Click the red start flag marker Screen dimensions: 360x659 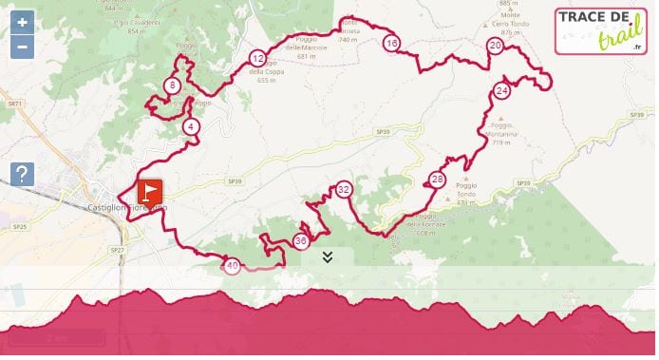pyautogui.click(x=150, y=193)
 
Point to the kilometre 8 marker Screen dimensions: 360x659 pyautogui.click(x=171, y=85)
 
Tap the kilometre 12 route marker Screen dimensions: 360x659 pyautogui.click(x=257, y=58)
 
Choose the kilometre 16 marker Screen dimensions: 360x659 pyautogui.click(x=391, y=42)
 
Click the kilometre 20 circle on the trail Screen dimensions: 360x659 pyautogui.click(x=494, y=45)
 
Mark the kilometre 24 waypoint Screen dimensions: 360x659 pyautogui.click(x=501, y=90)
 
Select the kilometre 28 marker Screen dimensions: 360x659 pyautogui.click(x=437, y=179)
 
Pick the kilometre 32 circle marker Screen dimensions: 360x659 pyautogui.click(x=344, y=189)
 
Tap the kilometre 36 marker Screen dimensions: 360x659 pyautogui.click(x=301, y=241)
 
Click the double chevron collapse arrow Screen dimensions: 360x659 pyautogui.click(x=327, y=256)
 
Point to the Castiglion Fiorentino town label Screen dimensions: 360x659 pyautogui.click(x=126, y=208)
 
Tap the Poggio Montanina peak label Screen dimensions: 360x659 pyautogui.click(x=504, y=129)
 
